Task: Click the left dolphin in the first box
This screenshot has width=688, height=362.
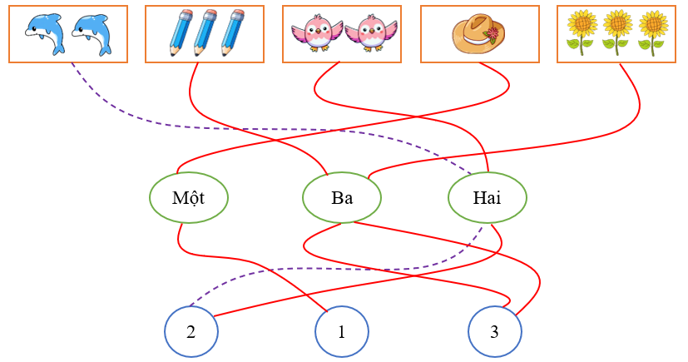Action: tap(43, 34)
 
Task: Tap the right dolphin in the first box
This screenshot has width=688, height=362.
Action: tap(91, 34)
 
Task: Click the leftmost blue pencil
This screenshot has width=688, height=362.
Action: tap(179, 32)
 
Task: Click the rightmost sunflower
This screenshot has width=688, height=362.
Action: tap(654, 32)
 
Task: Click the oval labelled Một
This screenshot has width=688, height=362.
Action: tap(189, 198)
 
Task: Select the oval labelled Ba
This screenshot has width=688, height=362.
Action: tap(342, 198)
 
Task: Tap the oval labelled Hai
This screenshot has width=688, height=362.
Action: tap(487, 198)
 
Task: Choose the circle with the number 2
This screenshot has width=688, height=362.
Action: tap(191, 331)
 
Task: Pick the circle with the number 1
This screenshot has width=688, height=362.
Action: tap(341, 332)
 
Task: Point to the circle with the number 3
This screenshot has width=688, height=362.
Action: tap(494, 332)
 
